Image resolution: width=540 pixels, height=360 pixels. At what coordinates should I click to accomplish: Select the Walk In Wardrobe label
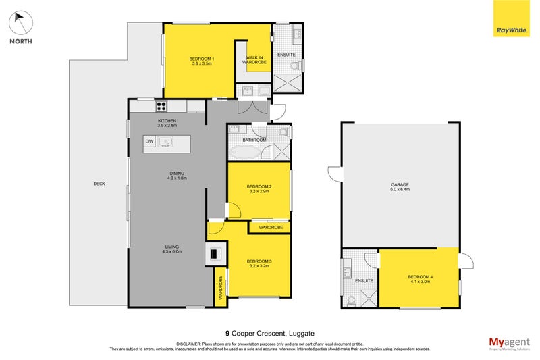[256, 61]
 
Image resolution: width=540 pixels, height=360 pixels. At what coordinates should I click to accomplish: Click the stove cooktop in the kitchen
[162, 105]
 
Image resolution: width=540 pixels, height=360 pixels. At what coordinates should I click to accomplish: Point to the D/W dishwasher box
[149, 142]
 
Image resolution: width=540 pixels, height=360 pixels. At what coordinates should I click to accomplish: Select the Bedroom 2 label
[259, 188]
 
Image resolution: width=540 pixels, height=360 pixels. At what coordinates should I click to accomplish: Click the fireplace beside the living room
[215, 254]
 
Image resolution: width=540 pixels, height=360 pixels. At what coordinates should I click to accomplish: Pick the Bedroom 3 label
[259, 263]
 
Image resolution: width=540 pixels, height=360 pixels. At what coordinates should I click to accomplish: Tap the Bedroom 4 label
[419, 280]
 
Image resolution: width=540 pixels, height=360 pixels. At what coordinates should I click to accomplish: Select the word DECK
[99, 184]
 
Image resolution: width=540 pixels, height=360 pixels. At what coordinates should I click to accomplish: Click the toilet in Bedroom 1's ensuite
[294, 66]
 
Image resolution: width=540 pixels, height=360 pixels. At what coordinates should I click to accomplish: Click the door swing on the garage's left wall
[333, 174]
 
